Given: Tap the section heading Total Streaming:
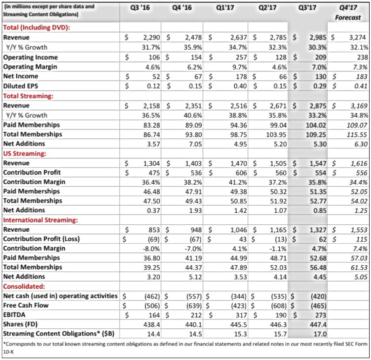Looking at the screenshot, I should [x=28, y=96].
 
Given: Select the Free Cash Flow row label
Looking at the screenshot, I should [x=26, y=305].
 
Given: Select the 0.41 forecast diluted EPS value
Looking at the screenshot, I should [x=360, y=86].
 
